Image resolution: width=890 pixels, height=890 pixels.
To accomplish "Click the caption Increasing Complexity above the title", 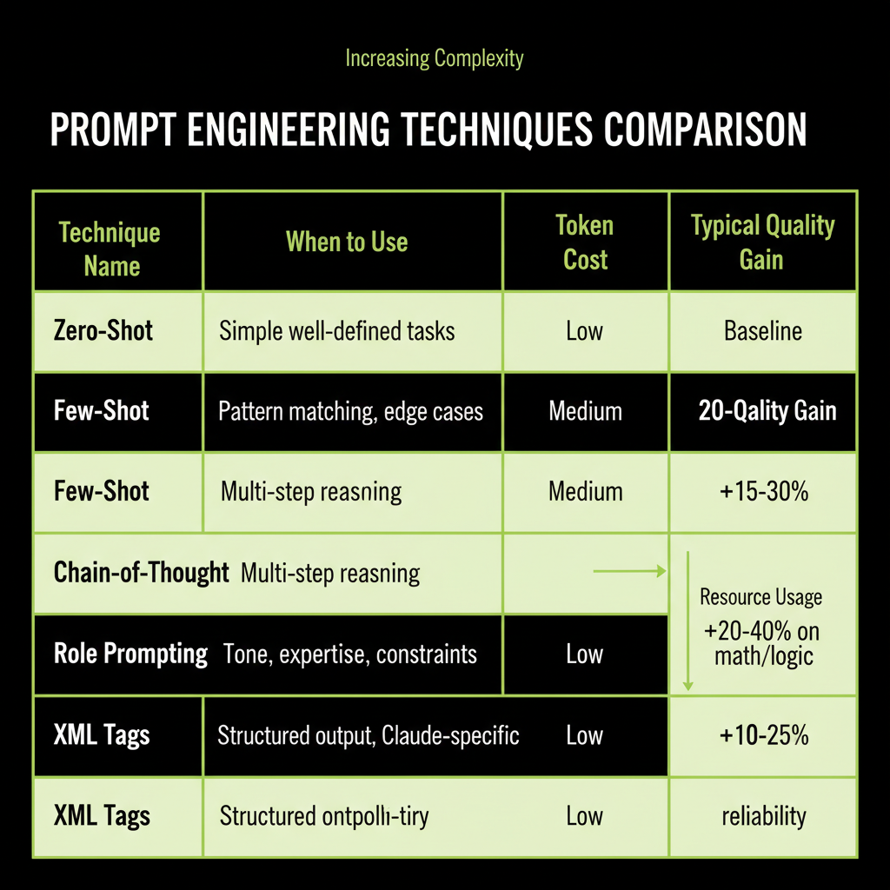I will click(x=435, y=59).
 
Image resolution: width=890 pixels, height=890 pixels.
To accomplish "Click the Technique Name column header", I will click(x=110, y=249).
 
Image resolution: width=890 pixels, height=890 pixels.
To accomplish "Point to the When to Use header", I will click(x=347, y=242).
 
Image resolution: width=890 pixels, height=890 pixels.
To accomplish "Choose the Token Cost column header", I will click(x=585, y=242).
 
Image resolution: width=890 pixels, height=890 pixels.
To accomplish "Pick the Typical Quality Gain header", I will click(x=762, y=242).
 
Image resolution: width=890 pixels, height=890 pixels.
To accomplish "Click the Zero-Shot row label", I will click(x=103, y=331).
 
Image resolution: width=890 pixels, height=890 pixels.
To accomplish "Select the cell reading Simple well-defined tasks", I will click(x=336, y=331).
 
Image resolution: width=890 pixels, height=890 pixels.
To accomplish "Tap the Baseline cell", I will click(x=762, y=331).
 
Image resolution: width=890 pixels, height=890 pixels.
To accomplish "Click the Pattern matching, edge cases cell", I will click(x=350, y=411).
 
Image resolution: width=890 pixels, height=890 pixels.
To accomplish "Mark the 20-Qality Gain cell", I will click(x=767, y=411).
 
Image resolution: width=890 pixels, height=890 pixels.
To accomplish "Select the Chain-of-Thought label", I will click(x=141, y=573).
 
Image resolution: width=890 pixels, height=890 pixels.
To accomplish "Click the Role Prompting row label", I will click(x=130, y=654).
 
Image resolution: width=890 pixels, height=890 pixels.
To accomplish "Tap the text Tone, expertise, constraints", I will click(x=350, y=654).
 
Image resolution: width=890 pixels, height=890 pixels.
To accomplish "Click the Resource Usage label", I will click(x=760, y=597).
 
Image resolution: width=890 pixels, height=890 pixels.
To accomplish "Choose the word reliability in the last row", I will click(x=763, y=816).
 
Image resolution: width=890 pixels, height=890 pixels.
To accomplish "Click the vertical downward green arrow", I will click(x=687, y=621).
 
